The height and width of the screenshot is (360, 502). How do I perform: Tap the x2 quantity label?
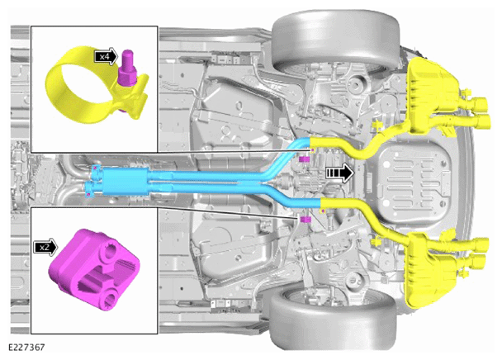(x=45, y=247)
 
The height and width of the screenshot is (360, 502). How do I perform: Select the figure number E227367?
(x=26, y=347)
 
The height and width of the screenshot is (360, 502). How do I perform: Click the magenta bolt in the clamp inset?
(x=128, y=69)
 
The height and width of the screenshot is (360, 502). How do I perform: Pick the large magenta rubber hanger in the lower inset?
(x=94, y=269)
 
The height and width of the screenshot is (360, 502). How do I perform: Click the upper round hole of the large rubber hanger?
(x=110, y=253)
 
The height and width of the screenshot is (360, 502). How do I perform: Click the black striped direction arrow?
(x=339, y=173)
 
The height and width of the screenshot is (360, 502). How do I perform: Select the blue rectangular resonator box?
(x=125, y=182)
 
